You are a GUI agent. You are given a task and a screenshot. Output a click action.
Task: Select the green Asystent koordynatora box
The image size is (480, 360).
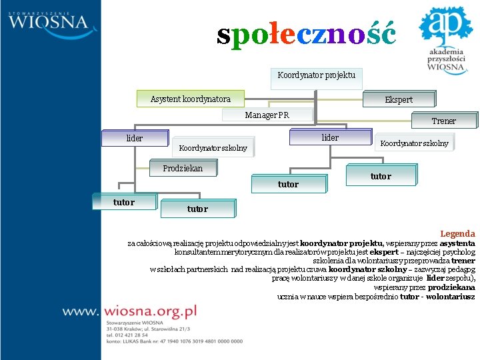[190, 99]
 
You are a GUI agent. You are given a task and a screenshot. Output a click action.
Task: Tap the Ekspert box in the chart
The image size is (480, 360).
[399, 99]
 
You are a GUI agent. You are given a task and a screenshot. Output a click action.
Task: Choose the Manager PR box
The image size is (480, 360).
[267, 115]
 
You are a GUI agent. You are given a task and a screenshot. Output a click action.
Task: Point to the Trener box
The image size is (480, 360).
[443, 121]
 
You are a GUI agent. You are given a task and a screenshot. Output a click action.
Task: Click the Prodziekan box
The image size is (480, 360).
[183, 169]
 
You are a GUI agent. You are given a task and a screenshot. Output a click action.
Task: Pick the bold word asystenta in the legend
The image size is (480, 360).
[457, 243]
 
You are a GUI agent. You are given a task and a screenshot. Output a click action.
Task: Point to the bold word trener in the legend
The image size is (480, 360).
[463, 261]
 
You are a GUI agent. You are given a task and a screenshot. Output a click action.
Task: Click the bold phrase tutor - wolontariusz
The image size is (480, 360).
[437, 296]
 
